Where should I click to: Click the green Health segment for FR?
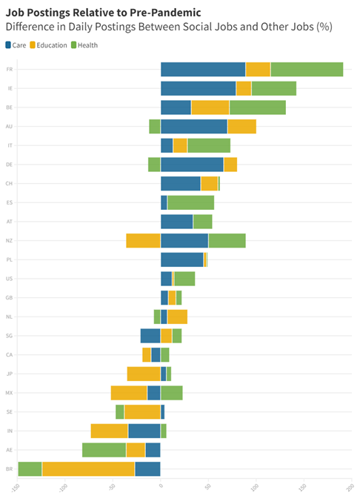coord(307,70)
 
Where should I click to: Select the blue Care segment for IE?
coord(199,88)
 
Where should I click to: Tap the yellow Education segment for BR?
coord(88,469)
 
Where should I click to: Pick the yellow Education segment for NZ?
coord(143,240)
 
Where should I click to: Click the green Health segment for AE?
coord(104,449)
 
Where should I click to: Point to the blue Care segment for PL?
coord(182,259)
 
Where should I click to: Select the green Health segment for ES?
coord(190,202)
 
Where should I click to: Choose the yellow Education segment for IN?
coord(109,431)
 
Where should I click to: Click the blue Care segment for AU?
coord(194,126)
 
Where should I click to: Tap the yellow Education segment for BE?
coord(210,107)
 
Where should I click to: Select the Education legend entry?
coord(52,45)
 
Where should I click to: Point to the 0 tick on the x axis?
coord(160,486)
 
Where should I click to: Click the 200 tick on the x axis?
coord(350,486)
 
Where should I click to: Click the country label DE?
coord(9,165)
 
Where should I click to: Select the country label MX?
coord(9,392)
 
